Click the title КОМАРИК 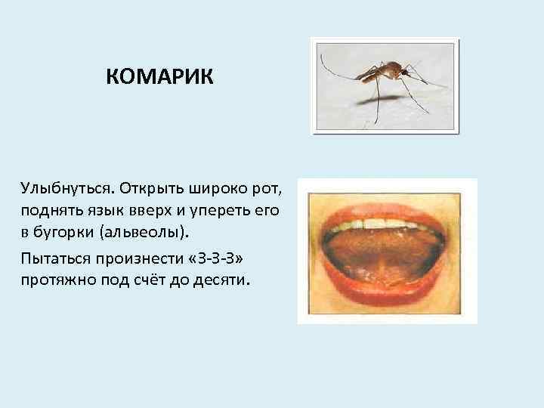coord(160,77)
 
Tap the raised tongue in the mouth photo coord(386,253)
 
